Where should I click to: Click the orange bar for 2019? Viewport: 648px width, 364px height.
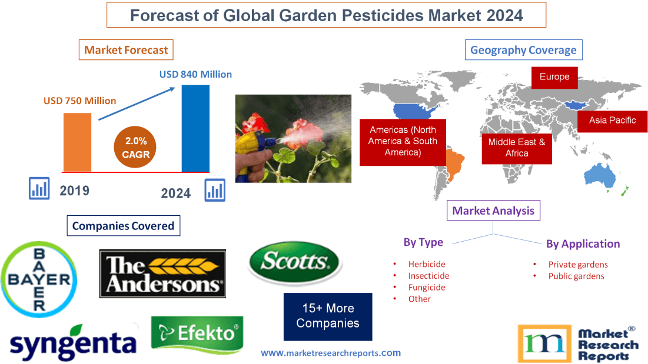point(77,142)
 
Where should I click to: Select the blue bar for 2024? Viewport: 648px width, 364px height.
point(195,128)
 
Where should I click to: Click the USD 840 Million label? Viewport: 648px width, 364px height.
point(195,75)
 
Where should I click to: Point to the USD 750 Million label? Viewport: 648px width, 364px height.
point(79,101)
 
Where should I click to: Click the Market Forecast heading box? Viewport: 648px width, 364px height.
point(126,50)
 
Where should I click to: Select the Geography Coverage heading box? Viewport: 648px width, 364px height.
point(523,50)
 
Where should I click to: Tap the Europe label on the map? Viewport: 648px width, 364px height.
point(554,77)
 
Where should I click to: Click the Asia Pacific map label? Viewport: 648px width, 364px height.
point(612,121)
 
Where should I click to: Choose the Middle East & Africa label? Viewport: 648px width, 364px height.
point(516,148)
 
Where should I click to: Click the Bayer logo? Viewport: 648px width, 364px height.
point(39,279)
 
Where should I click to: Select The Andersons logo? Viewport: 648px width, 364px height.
point(162,273)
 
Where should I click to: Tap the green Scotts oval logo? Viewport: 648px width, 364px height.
point(295,263)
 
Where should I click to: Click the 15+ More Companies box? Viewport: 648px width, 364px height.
point(327,316)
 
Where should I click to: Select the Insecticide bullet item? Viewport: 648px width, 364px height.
point(428,276)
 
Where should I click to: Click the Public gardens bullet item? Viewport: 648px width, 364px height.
point(576,276)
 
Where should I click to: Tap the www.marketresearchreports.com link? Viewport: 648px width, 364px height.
point(330,353)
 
